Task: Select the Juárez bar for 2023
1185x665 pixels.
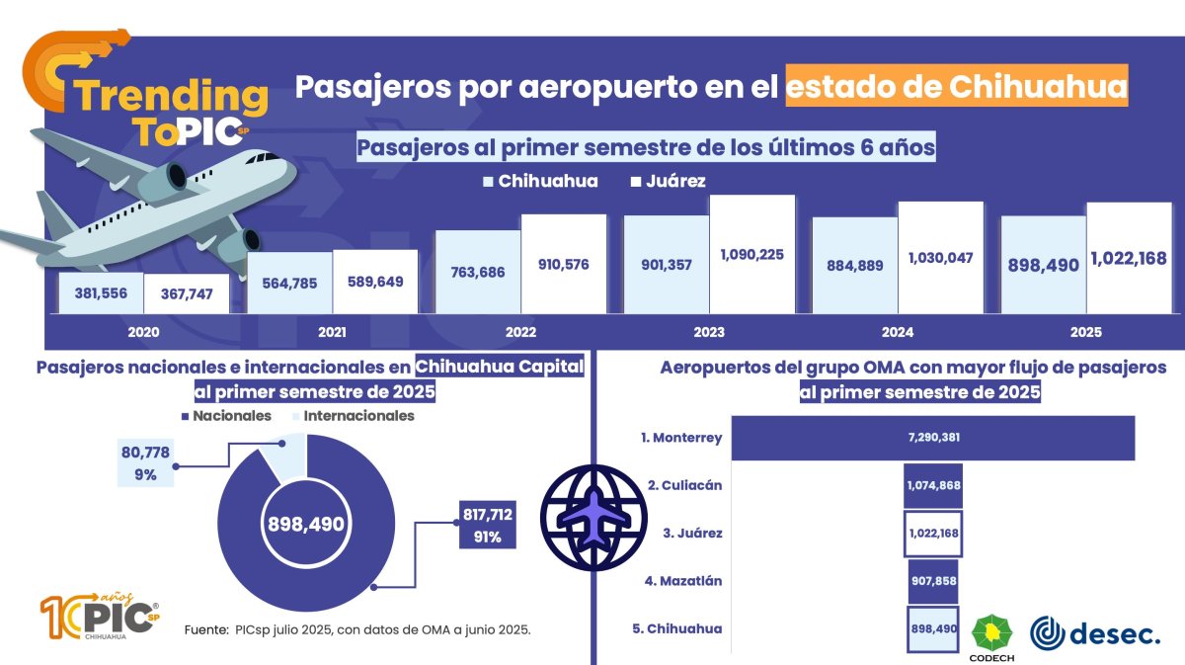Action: pos(751,255)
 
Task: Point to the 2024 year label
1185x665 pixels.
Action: pos(897,332)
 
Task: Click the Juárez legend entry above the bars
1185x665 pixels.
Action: pos(668,182)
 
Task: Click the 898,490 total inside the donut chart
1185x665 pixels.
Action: pos(305,524)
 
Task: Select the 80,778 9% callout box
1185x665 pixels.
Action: pos(144,462)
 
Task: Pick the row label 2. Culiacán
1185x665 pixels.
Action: pos(685,485)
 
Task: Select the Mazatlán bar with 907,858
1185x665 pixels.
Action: pos(932,581)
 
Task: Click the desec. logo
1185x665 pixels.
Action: pos(1094,633)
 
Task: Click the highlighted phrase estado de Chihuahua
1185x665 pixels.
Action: pos(957,86)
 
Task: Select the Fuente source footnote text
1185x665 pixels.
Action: pos(357,629)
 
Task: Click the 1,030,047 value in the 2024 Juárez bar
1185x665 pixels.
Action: pos(940,258)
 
